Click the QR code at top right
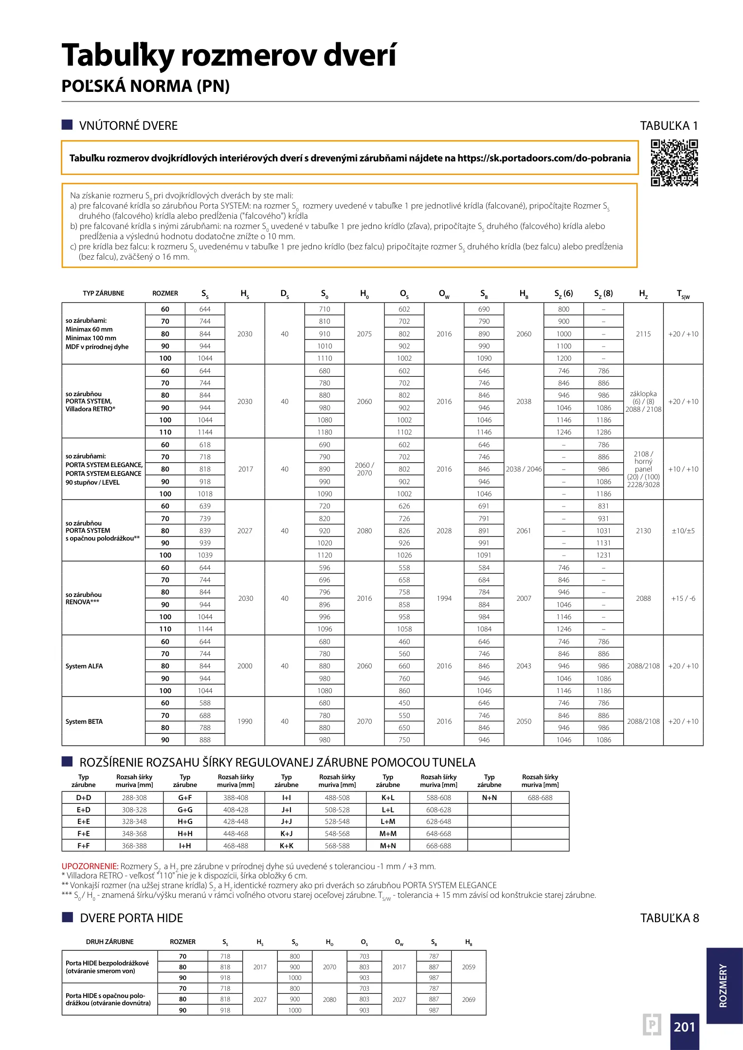pyautogui.click(x=674, y=163)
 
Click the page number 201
pyautogui.click(x=684, y=1026)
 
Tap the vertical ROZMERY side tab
pyautogui.click(x=724, y=986)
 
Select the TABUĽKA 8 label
pyautogui.click(x=669, y=918)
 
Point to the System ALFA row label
pyautogui.click(x=84, y=666)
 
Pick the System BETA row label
pyautogui.click(x=84, y=721)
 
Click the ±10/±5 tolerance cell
pyautogui.click(x=683, y=531)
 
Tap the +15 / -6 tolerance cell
pyautogui.click(x=683, y=598)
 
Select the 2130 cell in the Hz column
pyautogui.click(x=643, y=531)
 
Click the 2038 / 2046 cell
pyautogui.click(x=524, y=469)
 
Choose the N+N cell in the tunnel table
pyautogui.click(x=489, y=798)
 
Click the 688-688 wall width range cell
pyautogui.click(x=540, y=798)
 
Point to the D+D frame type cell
pyautogui.click(x=84, y=798)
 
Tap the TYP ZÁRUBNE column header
pyautogui.click(x=104, y=293)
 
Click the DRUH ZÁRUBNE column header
pyautogui.click(x=110, y=942)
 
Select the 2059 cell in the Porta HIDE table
pyautogui.click(x=469, y=967)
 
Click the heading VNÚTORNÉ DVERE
pyautogui.click(x=128, y=125)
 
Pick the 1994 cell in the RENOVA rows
pyautogui.click(x=444, y=598)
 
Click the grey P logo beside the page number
pyautogui.click(x=652, y=1025)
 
